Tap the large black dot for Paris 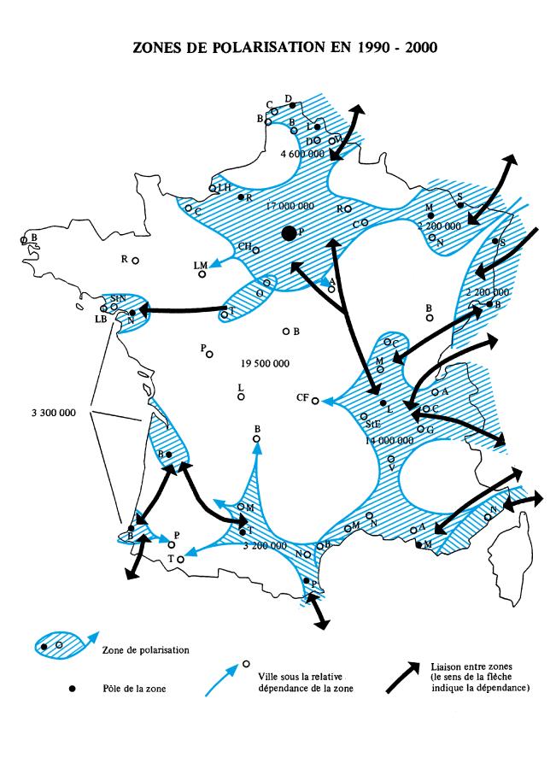pos(290,232)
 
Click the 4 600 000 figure pos(301,154)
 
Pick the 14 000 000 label pos(389,440)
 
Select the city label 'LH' pos(225,187)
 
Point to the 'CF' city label pos(302,398)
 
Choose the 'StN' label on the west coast pos(119,297)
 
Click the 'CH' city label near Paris pos(244,247)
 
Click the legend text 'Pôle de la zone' pos(127,690)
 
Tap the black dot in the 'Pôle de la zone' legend pos(73,690)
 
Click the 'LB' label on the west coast pos(101,319)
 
